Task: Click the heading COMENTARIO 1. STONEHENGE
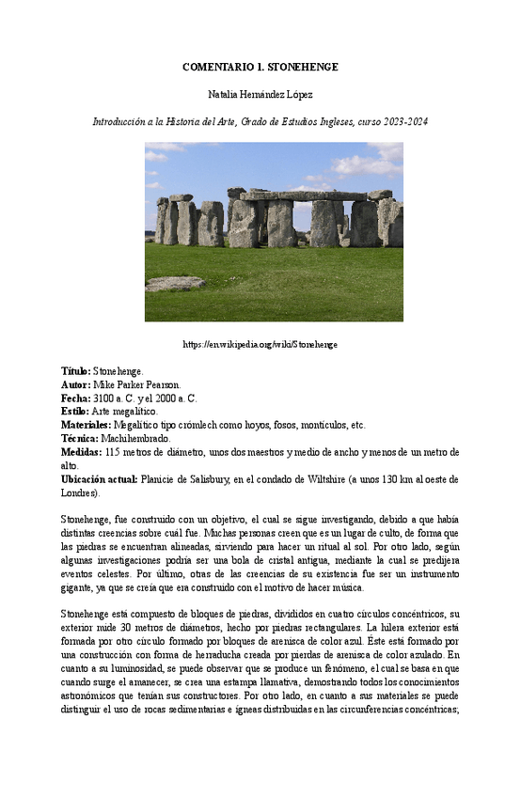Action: tap(260, 68)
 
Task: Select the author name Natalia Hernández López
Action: tap(260, 95)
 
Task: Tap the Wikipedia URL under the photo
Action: tap(260, 344)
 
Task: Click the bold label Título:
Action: tap(75, 372)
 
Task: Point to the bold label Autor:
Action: tap(75, 385)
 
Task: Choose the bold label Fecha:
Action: tap(75, 398)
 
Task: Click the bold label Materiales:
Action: tap(86, 425)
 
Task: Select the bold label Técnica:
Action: tap(79, 438)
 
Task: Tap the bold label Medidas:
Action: tap(82, 452)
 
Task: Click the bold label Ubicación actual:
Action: tap(99, 479)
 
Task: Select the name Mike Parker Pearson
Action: tap(140, 385)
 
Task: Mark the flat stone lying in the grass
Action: tap(175, 283)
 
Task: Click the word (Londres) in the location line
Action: tap(80, 492)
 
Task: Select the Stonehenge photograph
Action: tap(274, 232)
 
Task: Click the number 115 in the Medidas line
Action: tap(113, 452)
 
